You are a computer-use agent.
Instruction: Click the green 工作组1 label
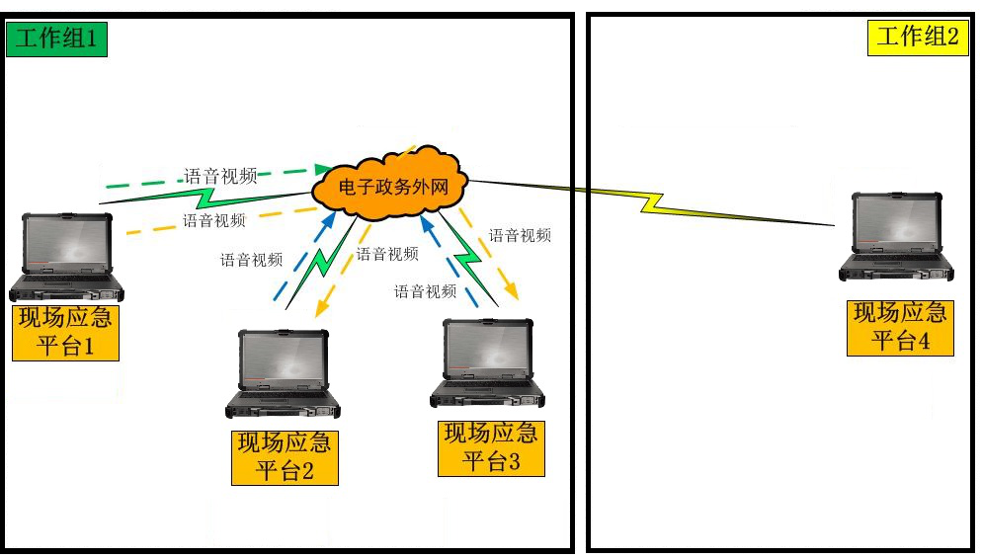[56, 40]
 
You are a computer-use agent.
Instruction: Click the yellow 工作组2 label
[918, 38]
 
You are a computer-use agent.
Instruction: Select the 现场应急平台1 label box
[65, 333]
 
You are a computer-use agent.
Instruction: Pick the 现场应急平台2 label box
[285, 457]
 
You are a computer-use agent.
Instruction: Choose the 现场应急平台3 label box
[491, 447]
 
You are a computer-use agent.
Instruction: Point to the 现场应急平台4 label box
[901, 328]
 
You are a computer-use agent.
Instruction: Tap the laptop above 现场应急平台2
[284, 373]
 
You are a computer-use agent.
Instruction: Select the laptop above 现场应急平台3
[488, 362]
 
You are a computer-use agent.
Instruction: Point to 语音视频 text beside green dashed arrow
[220, 177]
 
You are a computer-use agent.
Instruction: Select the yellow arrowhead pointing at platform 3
[512, 291]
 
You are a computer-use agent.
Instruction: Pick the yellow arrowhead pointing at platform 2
[321, 309]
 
